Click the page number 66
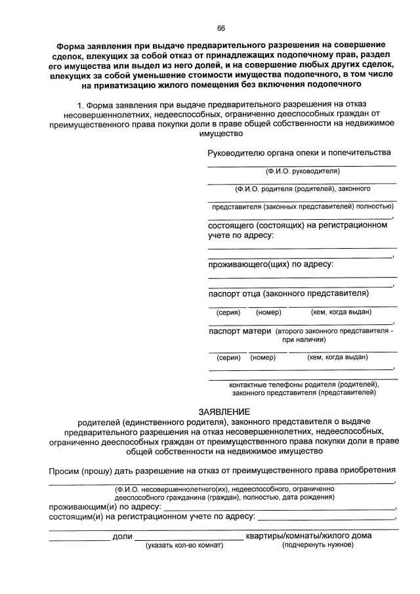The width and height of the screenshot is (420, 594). pyautogui.click(x=221, y=28)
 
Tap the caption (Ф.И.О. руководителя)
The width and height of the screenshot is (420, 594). pyautogui.click(x=302, y=171)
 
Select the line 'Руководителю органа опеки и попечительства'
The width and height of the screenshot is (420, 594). pyautogui.click(x=299, y=153)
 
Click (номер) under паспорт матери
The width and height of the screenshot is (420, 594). pyautogui.click(x=263, y=358)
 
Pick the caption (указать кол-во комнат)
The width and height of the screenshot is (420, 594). pyautogui.click(x=185, y=546)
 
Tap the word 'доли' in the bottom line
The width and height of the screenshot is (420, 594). pyautogui.click(x=123, y=536)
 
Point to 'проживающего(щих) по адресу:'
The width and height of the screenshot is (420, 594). pyautogui.click(x=270, y=265)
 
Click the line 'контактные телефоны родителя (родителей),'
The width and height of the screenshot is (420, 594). pyautogui.click(x=303, y=384)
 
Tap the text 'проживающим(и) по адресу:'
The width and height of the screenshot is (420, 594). pyautogui.click(x=106, y=507)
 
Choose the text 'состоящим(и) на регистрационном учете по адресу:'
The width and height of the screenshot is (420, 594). pyautogui.click(x=152, y=517)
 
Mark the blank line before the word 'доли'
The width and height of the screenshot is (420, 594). pyautogui.click(x=80, y=538)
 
